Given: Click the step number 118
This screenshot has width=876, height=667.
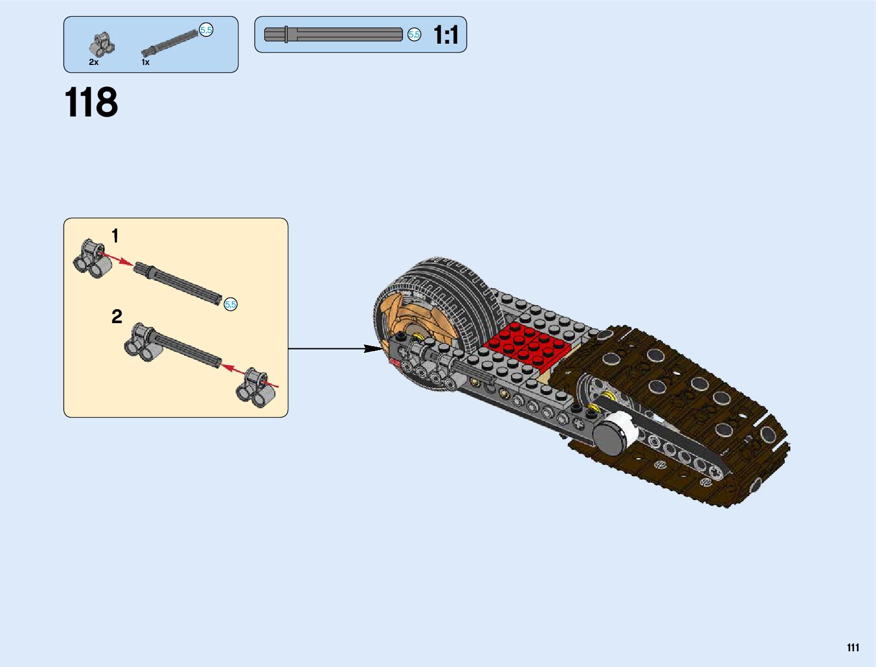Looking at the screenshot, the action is pos(91,102).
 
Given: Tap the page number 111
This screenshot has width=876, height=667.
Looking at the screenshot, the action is pos(852,648).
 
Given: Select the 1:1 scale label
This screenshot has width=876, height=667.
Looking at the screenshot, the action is pos(446,35).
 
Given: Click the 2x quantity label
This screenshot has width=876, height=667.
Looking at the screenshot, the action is pos(93,62).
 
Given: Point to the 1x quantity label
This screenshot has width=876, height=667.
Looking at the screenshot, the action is pos(146,62).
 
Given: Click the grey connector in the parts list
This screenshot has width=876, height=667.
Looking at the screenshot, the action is pos(102,45).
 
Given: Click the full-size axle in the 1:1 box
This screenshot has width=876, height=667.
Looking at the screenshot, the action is pos(333,35).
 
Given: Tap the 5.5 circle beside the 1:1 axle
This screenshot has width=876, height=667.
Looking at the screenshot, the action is pos(414,35).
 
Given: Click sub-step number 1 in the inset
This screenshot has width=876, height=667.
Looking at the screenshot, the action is pos(115,236).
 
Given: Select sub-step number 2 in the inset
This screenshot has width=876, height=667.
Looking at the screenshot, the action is pos(116,317).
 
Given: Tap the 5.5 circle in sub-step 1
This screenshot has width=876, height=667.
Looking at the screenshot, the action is pos(231,305).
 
